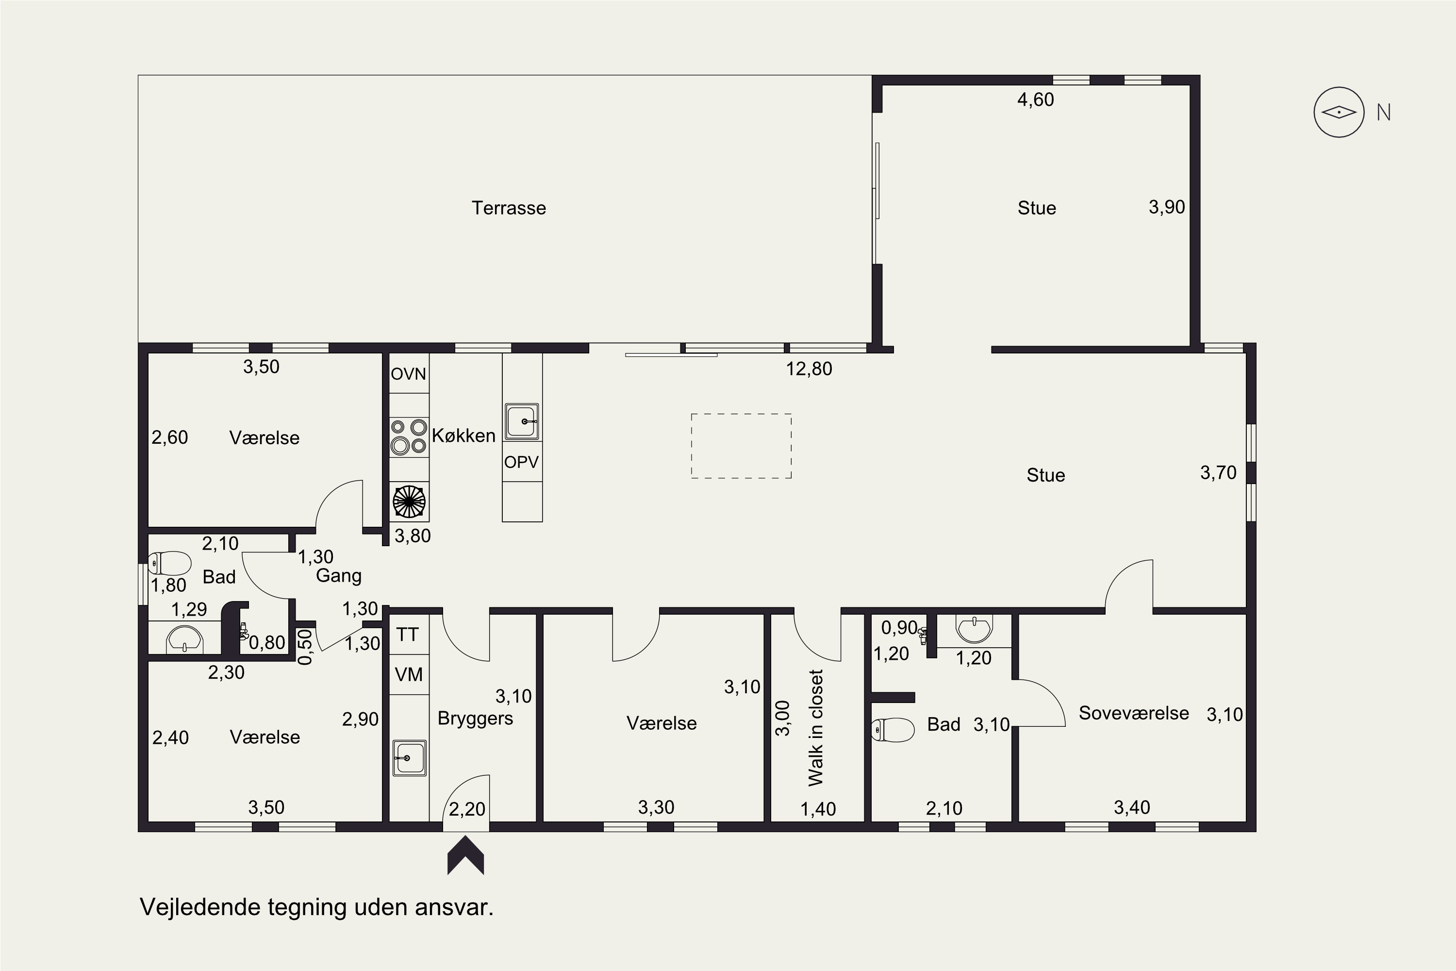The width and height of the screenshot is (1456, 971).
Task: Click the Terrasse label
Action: click(509, 208)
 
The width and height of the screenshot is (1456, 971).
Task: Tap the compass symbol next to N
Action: click(1339, 112)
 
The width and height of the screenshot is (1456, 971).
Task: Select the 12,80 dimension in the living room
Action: click(809, 369)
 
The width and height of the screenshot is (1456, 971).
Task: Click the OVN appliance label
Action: click(409, 374)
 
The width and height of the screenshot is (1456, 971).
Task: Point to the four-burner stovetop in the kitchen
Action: click(409, 436)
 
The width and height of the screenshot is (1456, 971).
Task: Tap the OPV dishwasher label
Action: click(521, 462)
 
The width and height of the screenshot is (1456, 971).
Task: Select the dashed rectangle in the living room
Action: click(741, 446)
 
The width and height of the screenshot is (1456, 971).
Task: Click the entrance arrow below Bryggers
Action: click(465, 856)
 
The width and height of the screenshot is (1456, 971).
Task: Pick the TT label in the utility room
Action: click(407, 635)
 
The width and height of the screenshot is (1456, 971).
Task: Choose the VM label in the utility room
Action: click(409, 674)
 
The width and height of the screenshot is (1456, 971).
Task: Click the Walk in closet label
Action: click(816, 728)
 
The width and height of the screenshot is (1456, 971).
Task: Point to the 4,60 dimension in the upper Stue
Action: click(1036, 100)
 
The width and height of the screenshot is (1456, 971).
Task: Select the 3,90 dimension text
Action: click(1167, 207)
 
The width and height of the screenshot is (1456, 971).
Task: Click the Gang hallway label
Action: click(339, 576)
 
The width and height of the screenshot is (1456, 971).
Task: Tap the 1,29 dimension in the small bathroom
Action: click(189, 609)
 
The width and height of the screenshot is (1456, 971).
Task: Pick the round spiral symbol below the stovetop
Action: click(409, 502)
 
